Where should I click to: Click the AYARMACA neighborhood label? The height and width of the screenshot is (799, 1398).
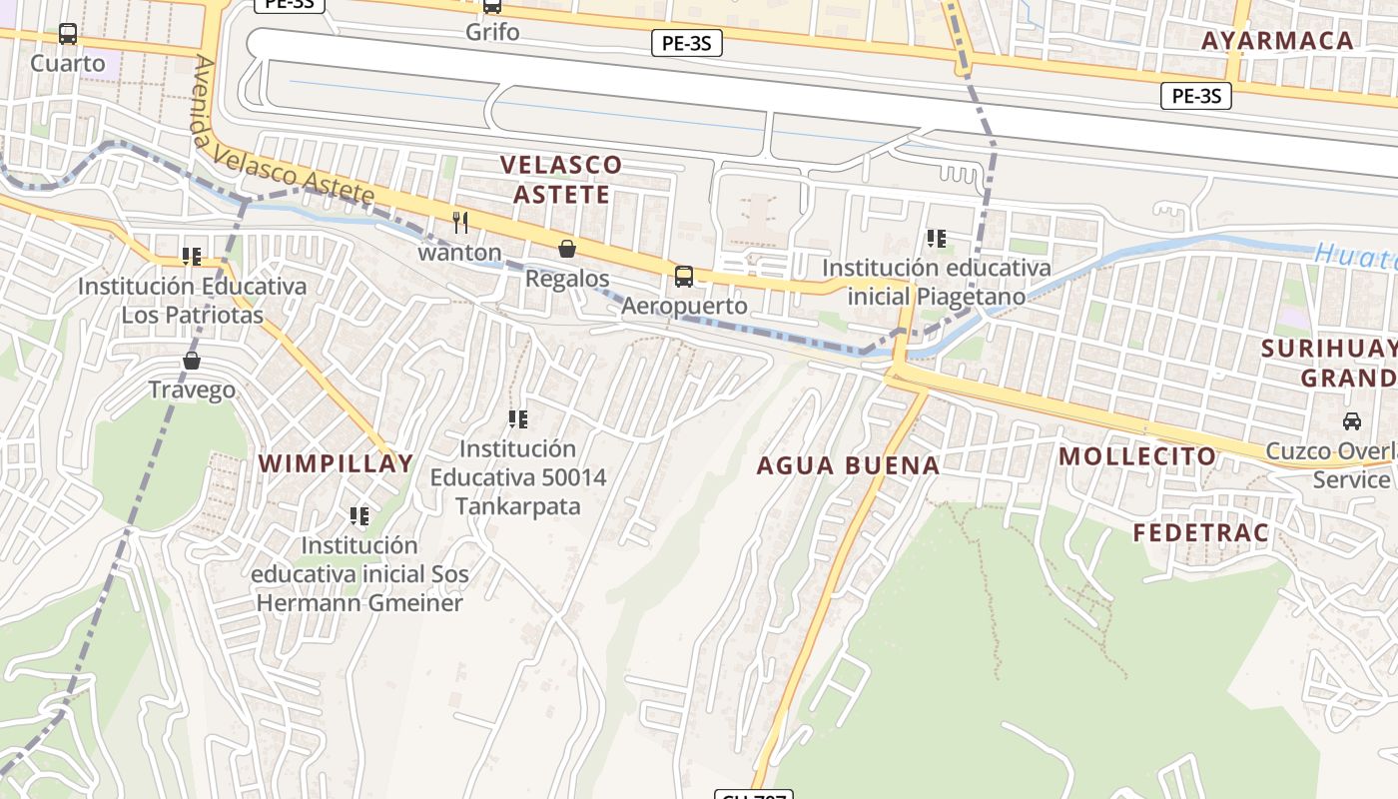[x=1277, y=41]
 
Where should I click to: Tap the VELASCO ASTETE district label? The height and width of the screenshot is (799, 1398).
[x=560, y=179]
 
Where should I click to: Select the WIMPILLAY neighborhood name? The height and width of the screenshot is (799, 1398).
[x=336, y=463]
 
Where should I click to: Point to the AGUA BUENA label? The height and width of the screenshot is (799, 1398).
[x=848, y=465]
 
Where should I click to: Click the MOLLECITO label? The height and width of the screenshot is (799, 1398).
[x=1137, y=457]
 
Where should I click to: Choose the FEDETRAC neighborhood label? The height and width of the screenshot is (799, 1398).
[x=1200, y=533]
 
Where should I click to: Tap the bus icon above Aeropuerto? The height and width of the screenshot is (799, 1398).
[x=684, y=277]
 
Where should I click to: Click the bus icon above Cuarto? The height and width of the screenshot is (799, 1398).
[x=68, y=34]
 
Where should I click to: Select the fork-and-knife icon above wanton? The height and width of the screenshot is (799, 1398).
[x=460, y=223]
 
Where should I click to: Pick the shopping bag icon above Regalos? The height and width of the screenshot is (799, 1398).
[x=567, y=249]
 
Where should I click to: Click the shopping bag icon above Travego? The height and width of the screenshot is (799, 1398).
[x=192, y=361]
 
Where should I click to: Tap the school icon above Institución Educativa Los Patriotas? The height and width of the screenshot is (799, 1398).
[x=192, y=257]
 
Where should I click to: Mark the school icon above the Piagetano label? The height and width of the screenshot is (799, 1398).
[x=936, y=239]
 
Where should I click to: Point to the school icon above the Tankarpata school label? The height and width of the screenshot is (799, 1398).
[x=517, y=419]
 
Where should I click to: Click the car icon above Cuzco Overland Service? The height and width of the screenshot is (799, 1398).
[x=1352, y=421]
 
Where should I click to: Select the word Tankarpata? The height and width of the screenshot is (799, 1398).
[x=517, y=506]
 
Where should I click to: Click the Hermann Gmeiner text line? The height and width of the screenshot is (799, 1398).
[x=359, y=603]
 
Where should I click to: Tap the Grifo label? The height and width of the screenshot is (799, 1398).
[x=492, y=32]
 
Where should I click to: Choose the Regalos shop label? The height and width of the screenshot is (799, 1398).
[x=567, y=278]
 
